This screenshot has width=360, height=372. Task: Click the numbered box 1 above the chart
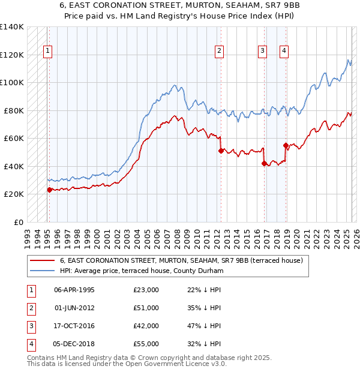point(47,51)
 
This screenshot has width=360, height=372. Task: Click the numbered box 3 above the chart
point(263,51)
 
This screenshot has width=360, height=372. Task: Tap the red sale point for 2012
point(221,151)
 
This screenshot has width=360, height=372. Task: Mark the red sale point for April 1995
point(49,190)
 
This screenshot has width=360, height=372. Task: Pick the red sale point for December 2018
point(286,145)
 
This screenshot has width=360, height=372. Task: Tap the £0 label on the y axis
point(18,222)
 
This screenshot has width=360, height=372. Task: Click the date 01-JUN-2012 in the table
point(74,308)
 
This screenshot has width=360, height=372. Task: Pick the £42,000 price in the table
point(146,326)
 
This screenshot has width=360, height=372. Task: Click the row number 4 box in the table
point(31,344)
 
